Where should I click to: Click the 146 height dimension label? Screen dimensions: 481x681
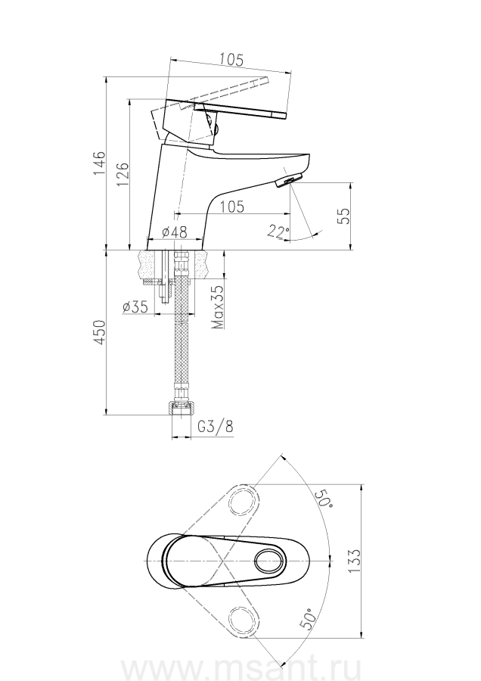tap(99, 163)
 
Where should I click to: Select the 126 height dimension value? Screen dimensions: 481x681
tap(123, 174)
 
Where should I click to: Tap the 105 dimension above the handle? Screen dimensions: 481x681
tap(231, 59)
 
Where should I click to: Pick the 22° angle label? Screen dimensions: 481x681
tap(278, 231)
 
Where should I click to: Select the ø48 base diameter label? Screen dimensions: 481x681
tap(175, 233)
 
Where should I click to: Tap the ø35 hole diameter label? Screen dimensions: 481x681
tap(135, 307)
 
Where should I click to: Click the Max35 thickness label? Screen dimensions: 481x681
tap(218, 306)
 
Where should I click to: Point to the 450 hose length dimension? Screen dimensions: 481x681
tap(100, 332)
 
